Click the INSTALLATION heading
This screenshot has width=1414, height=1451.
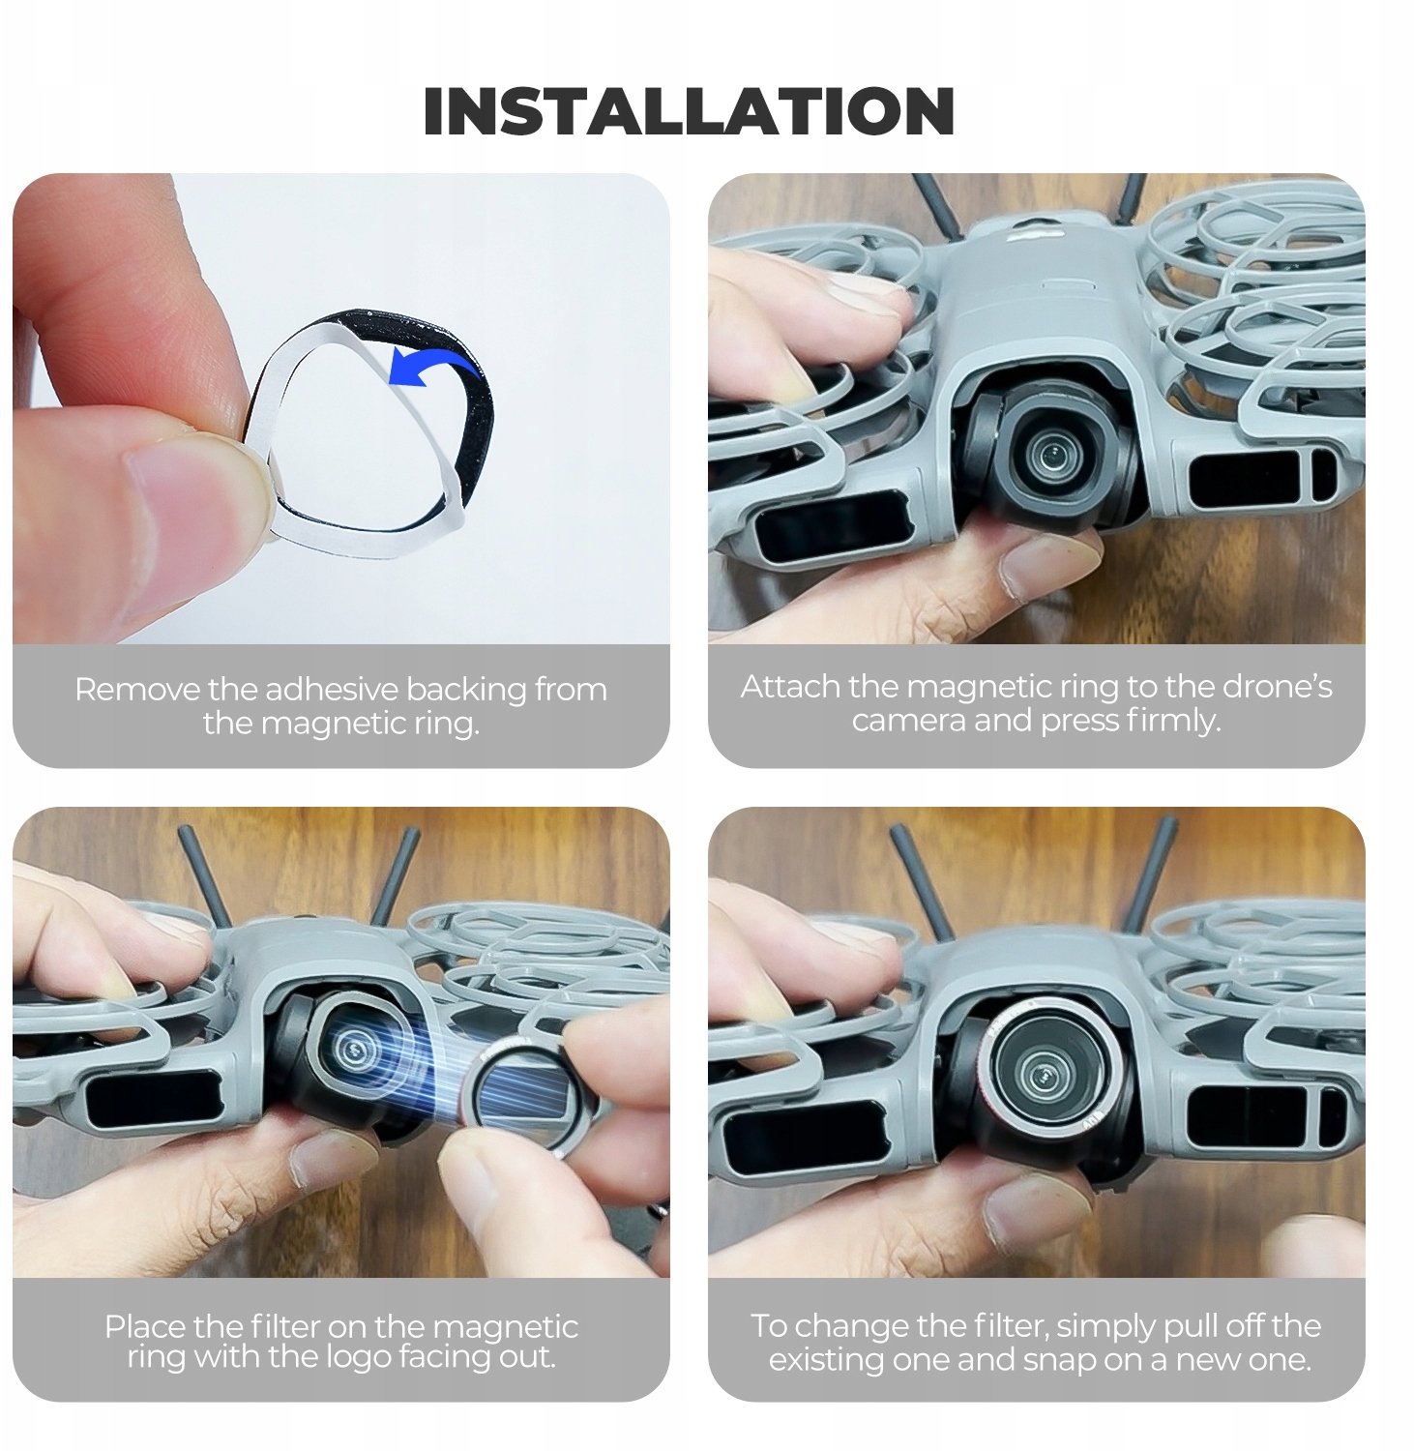pyautogui.click(x=689, y=111)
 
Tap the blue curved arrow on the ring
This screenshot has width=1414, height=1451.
pyautogui.click(x=435, y=368)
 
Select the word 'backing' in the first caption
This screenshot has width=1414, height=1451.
pyautogui.click(x=468, y=692)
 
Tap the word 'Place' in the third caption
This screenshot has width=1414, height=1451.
pyautogui.click(x=144, y=1327)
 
